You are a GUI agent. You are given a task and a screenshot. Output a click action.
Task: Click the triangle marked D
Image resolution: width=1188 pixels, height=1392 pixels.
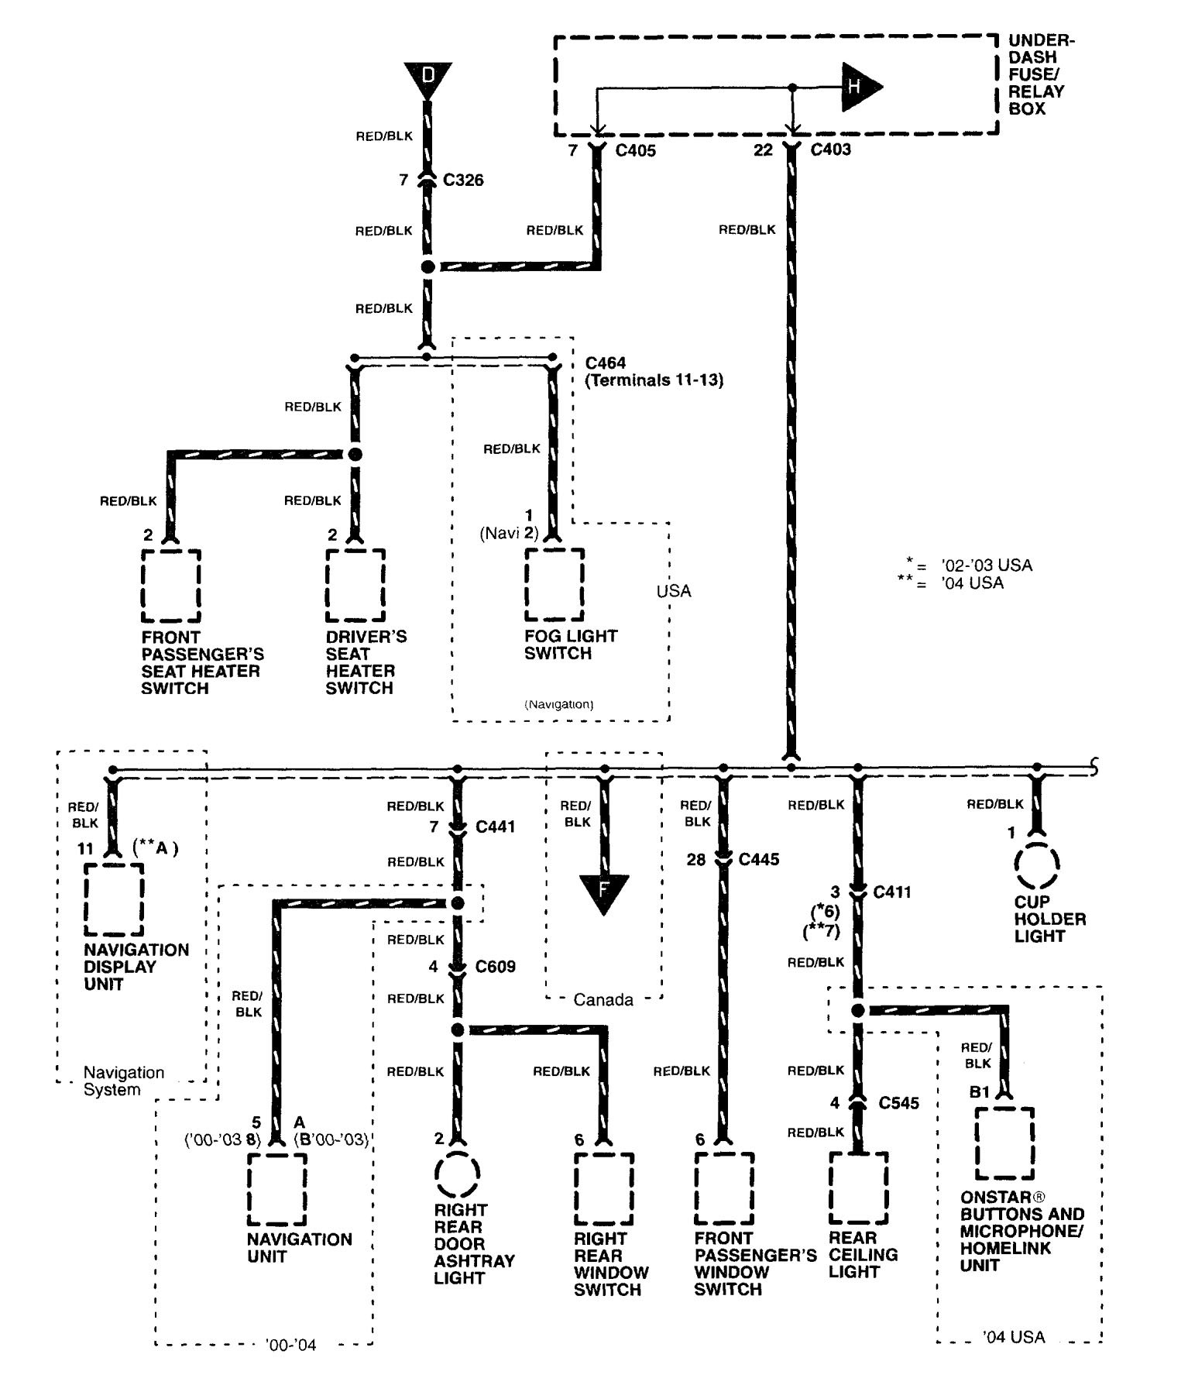(x=427, y=77)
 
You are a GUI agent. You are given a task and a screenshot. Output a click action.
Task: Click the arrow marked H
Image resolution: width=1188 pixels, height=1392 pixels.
(x=858, y=86)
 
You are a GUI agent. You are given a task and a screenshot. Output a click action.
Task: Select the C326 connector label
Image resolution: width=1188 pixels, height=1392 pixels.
(x=463, y=180)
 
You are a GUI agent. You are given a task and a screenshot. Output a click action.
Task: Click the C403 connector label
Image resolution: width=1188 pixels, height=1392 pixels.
(x=830, y=150)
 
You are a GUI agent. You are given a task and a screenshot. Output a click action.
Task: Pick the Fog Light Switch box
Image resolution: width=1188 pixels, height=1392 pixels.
(x=555, y=585)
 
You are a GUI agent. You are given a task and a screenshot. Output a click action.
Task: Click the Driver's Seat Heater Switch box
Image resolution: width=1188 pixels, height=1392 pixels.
(x=355, y=586)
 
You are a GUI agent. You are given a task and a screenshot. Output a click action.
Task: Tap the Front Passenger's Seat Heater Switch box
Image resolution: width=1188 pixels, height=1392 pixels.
(x=171, y=586)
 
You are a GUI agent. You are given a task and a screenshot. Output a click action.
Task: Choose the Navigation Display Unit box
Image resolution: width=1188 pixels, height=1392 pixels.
(x=114, y=899)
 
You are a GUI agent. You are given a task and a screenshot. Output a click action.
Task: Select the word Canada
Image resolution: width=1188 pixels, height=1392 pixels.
(x=603, y=1000)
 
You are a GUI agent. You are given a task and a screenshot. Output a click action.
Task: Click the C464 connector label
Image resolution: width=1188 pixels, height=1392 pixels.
(x=606, y=363)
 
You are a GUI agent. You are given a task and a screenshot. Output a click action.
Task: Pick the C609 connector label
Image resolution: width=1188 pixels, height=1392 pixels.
(x=495, y=967)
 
